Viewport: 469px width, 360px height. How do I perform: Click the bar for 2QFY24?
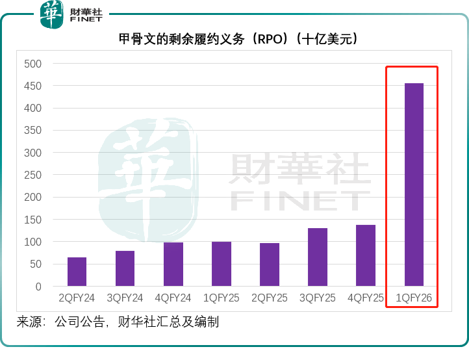(77, 272)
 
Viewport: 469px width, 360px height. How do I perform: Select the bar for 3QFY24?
(125, 268)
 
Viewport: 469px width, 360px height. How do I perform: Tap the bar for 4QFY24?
(173, 264)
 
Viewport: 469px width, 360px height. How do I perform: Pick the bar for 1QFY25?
(221, 264)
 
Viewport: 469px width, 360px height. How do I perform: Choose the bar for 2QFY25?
(270, 264)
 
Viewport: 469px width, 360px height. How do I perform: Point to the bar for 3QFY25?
(318, 257)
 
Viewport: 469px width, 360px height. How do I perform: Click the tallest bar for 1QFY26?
(414, 185)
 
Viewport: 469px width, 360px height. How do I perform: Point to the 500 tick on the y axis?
(32, 64)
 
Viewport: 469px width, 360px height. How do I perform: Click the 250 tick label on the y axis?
(32, 175)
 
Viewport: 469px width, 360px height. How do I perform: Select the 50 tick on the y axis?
(35, 264)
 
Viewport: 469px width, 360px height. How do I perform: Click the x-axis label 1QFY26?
(414, 299)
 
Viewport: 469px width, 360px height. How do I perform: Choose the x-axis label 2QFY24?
(77, 299)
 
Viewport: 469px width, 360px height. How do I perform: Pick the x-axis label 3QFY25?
(318, 299)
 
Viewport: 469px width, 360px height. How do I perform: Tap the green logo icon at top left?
(52, 14)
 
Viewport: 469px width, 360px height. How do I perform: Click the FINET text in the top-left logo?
(86, 20)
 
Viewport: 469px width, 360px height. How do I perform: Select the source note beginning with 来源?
(118, 322)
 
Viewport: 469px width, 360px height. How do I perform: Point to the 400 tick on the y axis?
(32, 109)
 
